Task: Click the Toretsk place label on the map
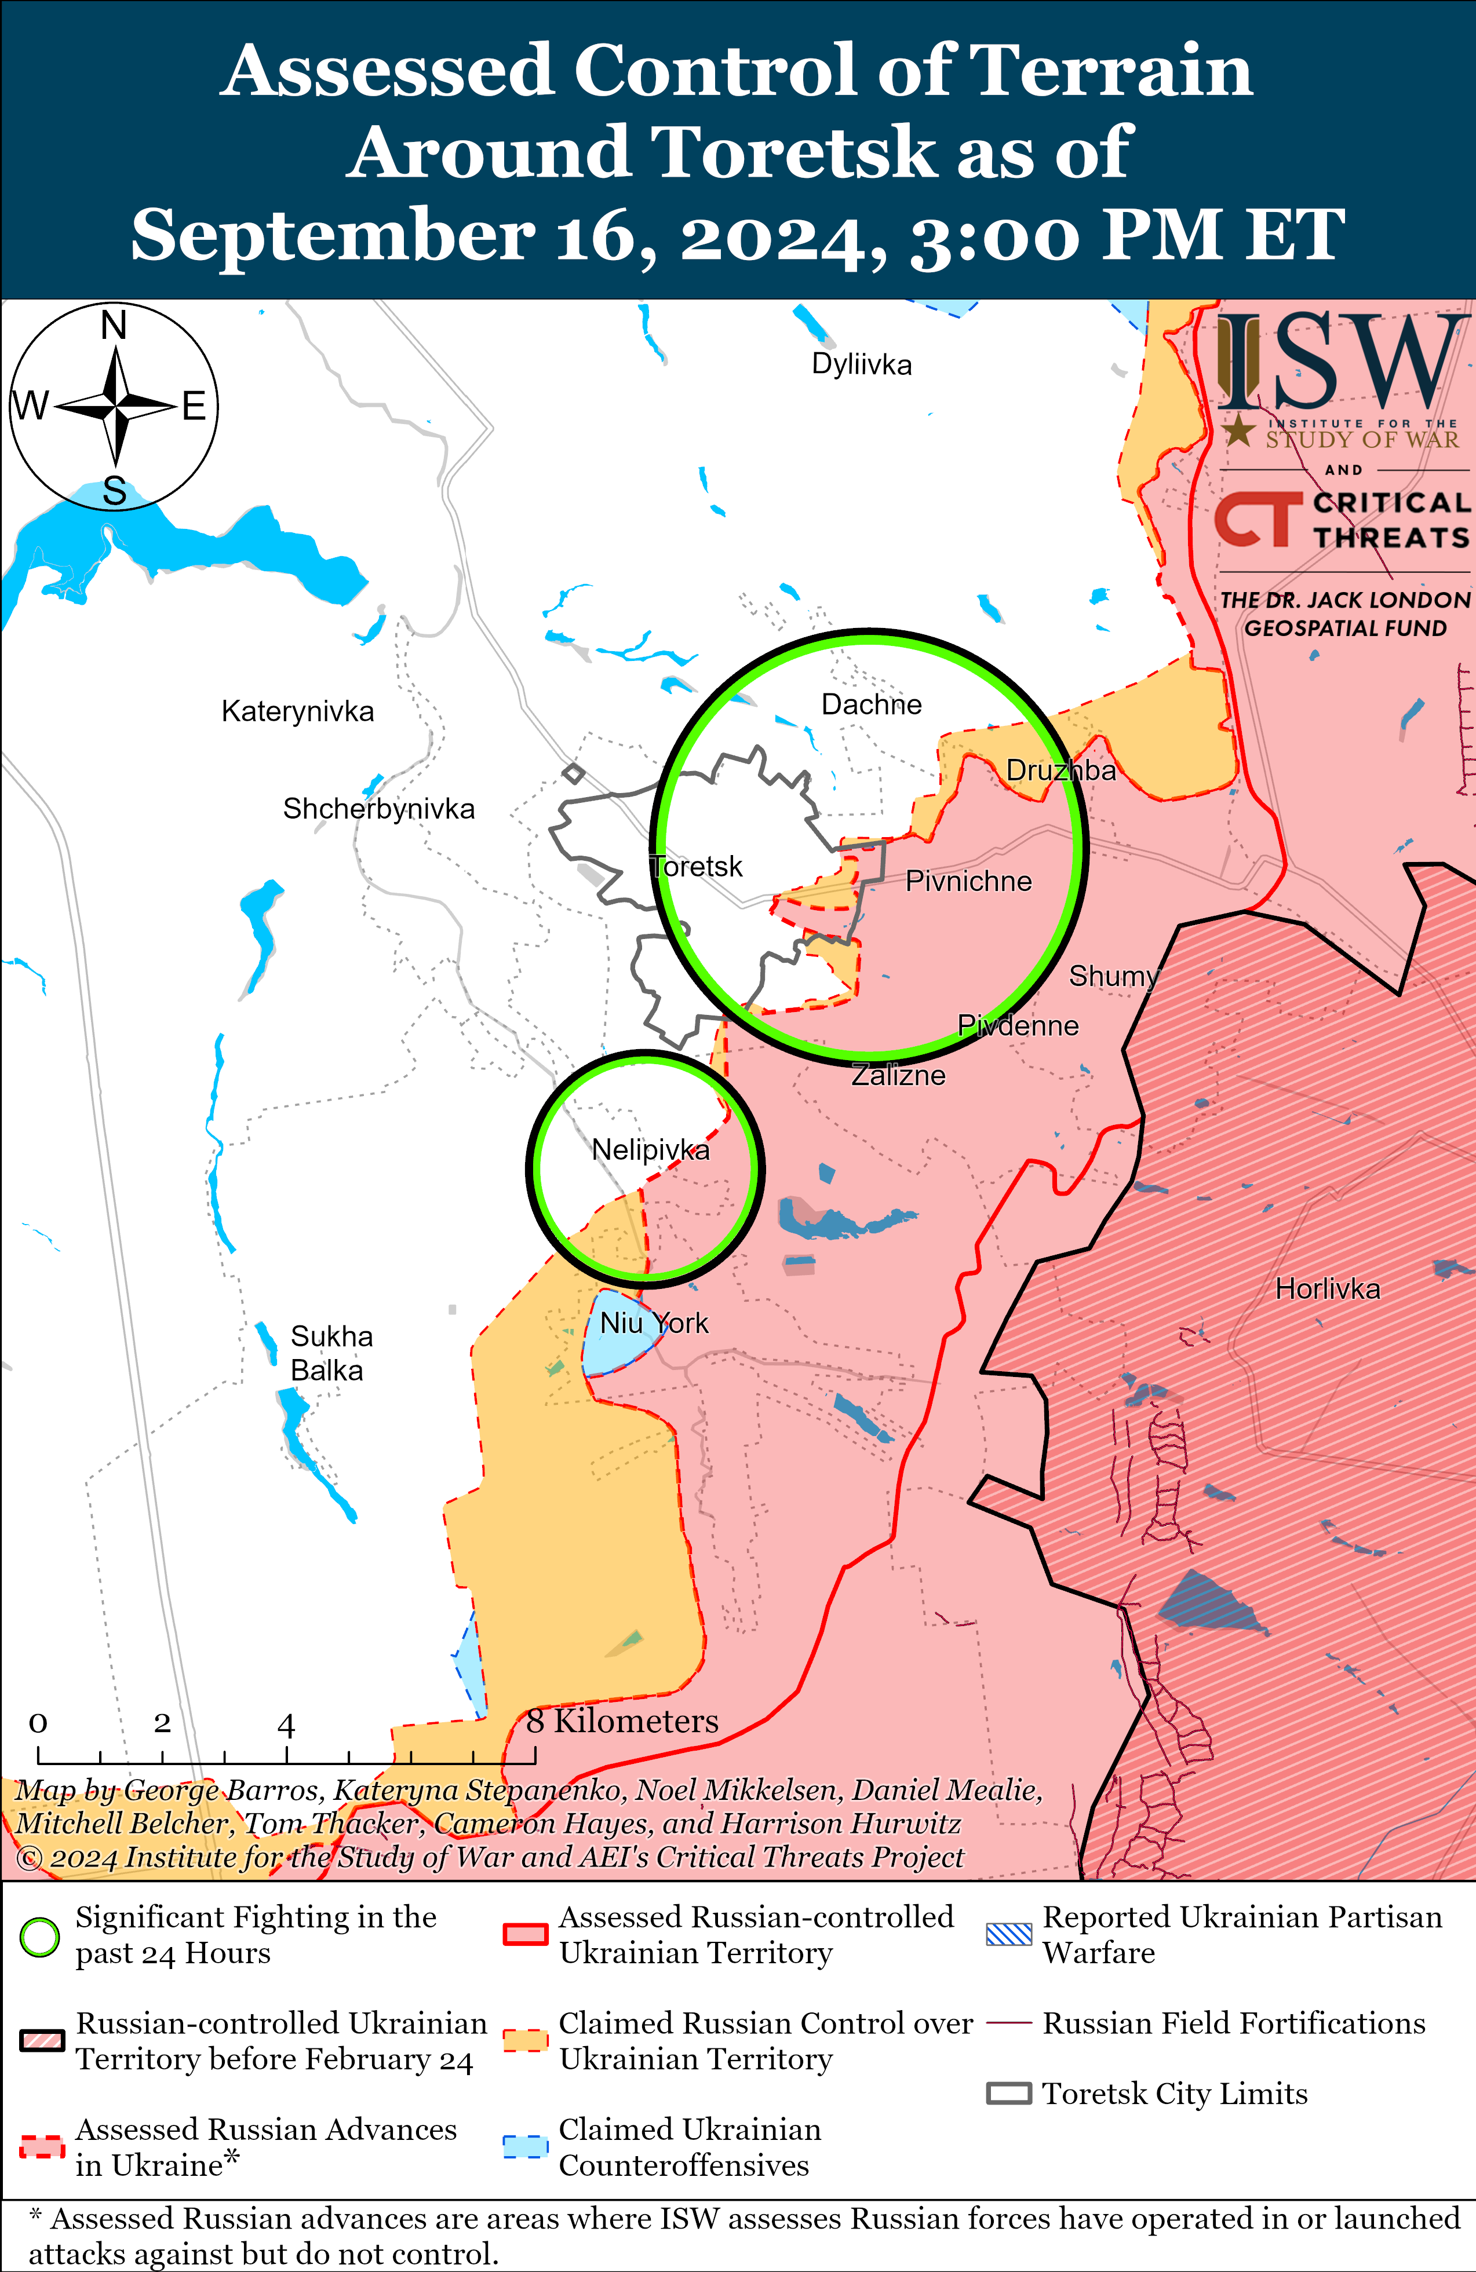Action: pos(697,866)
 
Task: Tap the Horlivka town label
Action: pos(1327,1289)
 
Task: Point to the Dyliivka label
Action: pos(861,364)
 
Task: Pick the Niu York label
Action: pos(654,1323)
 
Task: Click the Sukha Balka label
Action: pos(330,1353)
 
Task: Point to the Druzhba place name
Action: pos(1060,770)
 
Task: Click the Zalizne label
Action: pos(898,1075)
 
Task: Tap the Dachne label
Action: pos(872,704)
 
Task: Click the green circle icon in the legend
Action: pos(40,1937)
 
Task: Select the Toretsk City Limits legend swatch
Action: pos(1008,2094)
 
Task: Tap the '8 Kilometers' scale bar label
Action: pos(622,1721)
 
